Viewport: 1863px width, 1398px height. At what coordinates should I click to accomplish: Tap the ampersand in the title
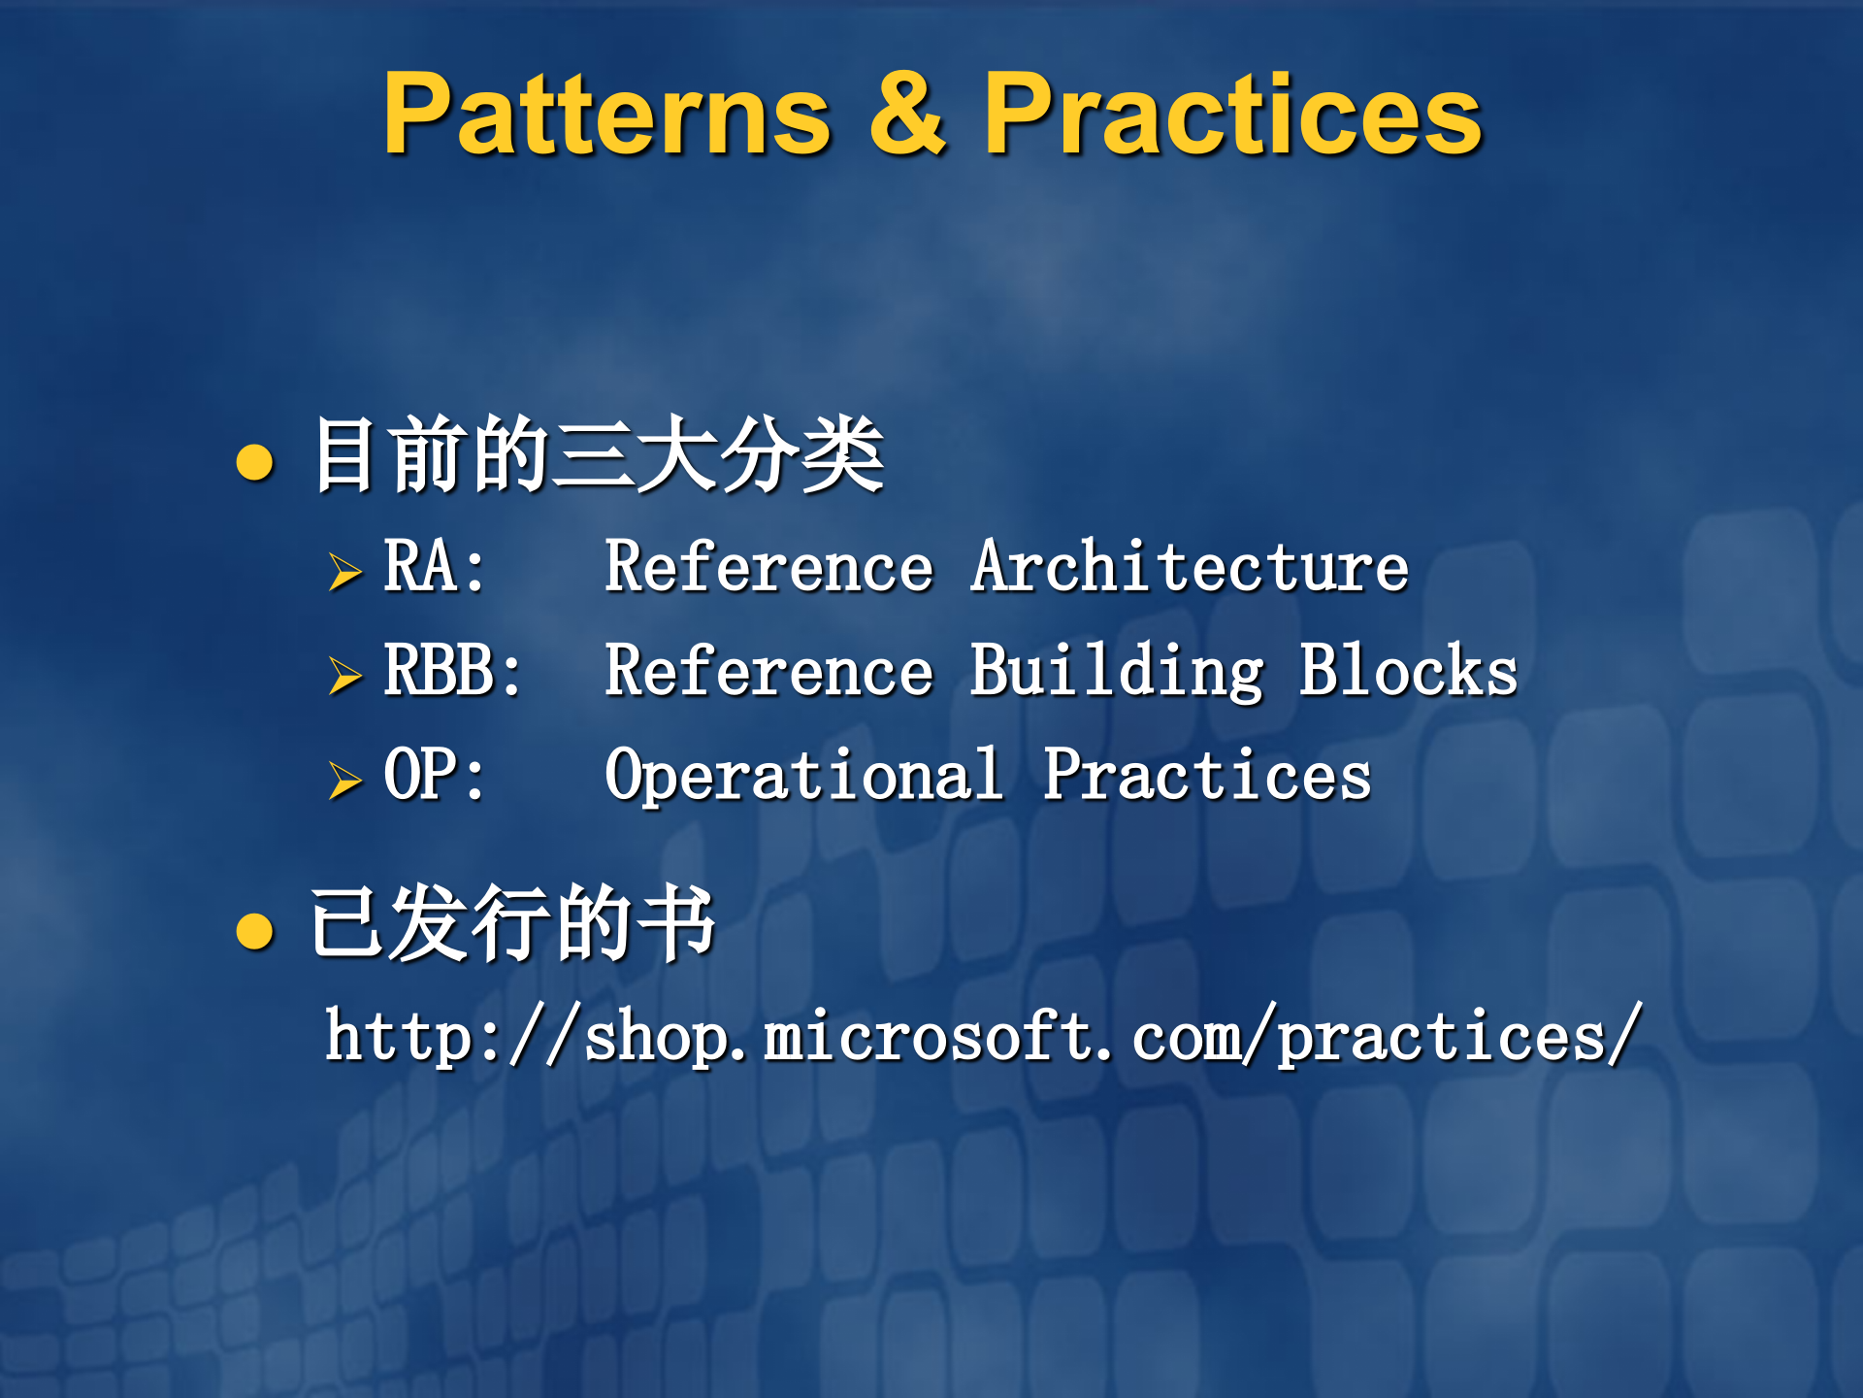coord(907,115)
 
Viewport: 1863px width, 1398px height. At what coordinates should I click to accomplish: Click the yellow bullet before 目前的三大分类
coord(255,462)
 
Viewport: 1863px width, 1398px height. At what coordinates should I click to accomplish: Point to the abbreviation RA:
coord(434,567)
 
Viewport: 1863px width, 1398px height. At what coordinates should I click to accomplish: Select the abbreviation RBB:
coord(452,671)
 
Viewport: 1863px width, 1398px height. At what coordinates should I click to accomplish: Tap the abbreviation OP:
coord(434,776)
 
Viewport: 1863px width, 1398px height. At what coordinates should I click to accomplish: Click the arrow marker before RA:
coord(344,572)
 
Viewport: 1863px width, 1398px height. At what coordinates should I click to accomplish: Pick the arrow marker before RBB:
coord(344,676)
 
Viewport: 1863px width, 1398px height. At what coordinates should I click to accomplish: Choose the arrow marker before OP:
coord(344,781)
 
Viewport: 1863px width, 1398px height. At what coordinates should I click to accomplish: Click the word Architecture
coord(1190,567)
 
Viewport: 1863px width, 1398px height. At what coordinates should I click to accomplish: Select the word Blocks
coord(1408,671)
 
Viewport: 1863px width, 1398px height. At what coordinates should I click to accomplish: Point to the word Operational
coord(803,778)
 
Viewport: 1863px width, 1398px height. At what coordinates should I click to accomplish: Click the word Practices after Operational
coord(1207,776)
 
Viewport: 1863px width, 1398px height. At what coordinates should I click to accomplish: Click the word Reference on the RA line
coord(768,567)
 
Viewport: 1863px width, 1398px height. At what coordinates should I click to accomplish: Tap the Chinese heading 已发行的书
coord(512,923)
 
